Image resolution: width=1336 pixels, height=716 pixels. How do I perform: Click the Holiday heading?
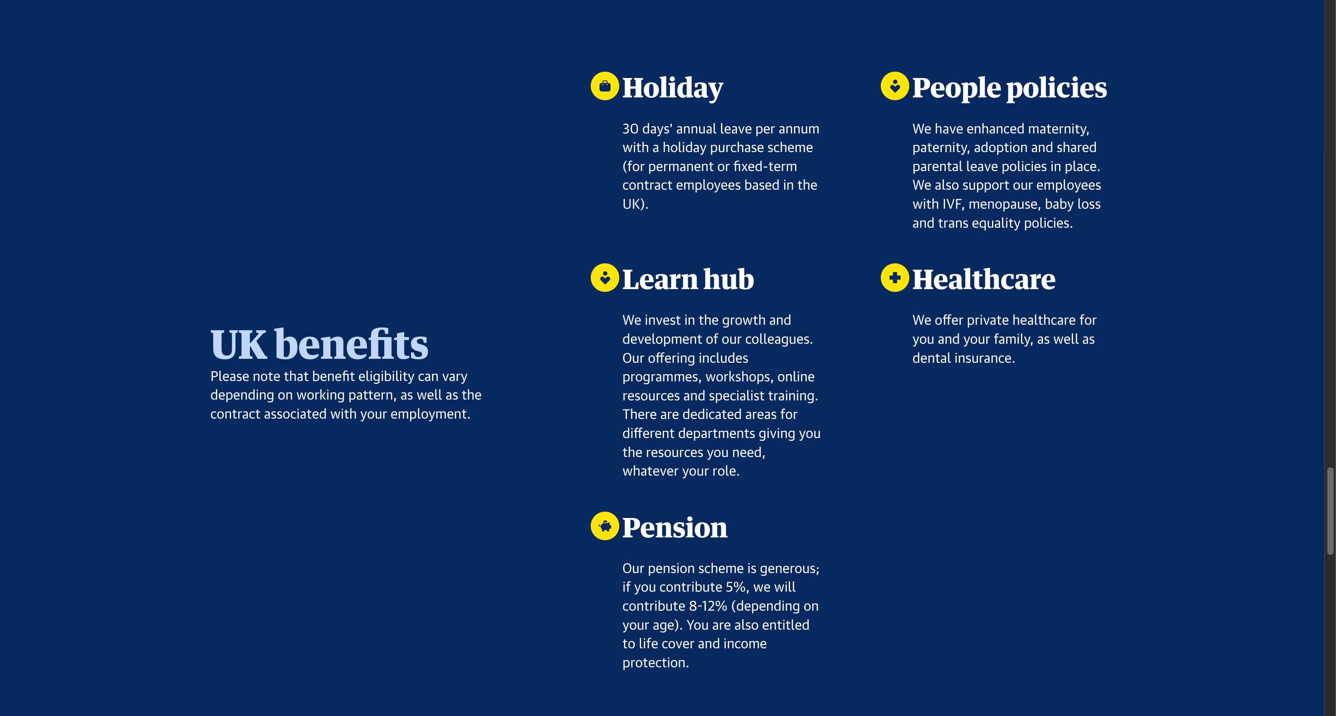(x=672, y=87)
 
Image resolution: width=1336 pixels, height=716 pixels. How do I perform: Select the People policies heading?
(x=1009, y=87)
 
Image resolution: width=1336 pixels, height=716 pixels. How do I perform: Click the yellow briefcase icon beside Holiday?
(x=605, y=86)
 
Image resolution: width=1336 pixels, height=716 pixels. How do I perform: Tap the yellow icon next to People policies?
(x=895, y=86)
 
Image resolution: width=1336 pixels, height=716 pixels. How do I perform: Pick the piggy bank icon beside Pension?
(x=605, y=526)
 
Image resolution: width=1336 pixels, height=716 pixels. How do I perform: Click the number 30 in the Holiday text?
(x=630, y=129)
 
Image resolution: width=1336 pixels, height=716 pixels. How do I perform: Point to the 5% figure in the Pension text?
(x=737, y=587)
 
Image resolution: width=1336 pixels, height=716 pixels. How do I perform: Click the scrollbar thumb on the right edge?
(x=1330, y=511)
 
